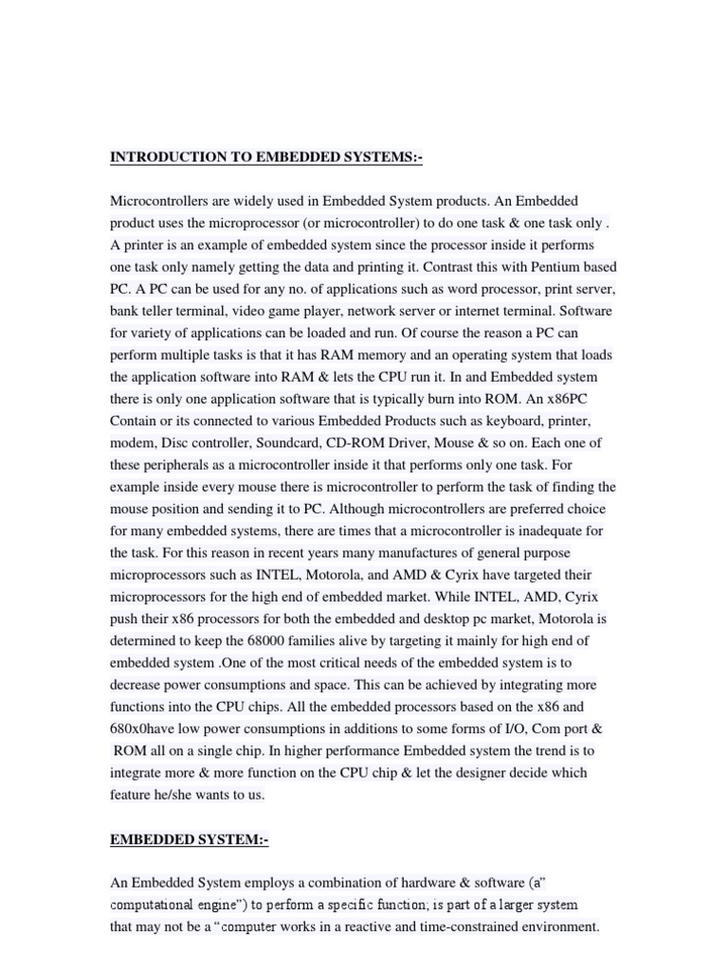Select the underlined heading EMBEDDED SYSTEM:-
tap(191, 839)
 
